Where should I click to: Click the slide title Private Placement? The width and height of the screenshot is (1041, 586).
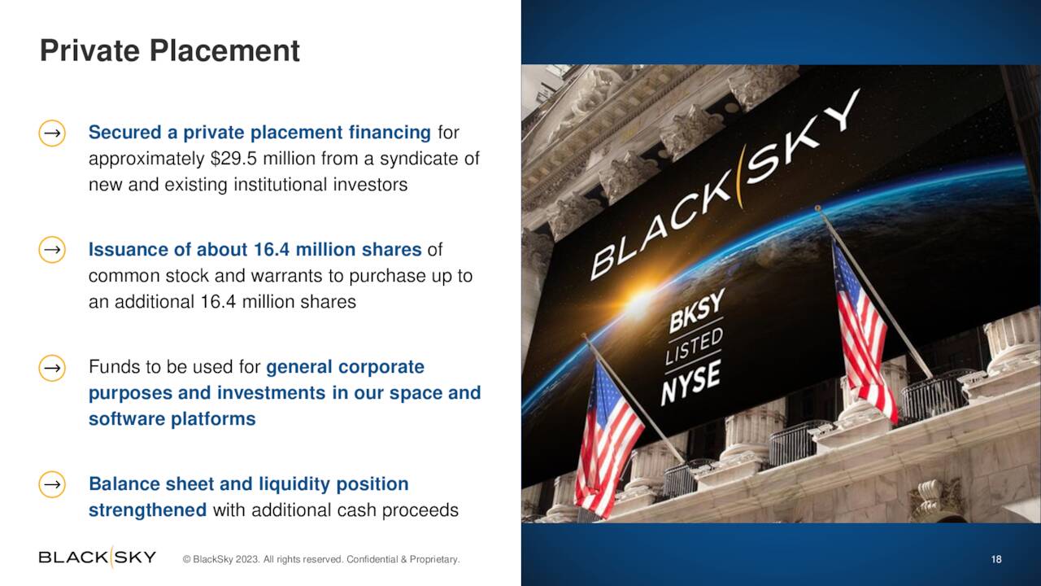(170, 50)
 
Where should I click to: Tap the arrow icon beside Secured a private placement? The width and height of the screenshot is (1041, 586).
(52, 133)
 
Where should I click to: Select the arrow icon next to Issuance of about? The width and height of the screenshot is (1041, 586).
(52, 250)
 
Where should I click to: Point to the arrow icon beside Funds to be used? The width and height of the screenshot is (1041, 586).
(52, 367)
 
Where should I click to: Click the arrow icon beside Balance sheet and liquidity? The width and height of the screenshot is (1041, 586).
(52, 484)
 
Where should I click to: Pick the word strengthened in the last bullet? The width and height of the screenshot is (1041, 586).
(147, 510)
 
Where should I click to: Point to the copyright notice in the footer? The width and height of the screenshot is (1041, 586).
(321, 559)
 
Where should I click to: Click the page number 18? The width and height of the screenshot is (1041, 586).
(996, 559)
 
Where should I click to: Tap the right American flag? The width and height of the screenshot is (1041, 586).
(863, 330)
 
